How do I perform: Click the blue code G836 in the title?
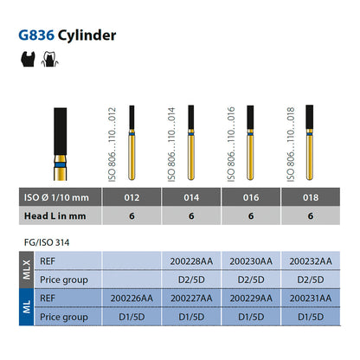36,35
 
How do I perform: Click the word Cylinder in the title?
87,36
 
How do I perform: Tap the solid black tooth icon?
28,59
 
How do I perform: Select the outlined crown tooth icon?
50,59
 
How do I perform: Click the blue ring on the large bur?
61,164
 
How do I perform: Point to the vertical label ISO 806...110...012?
112,145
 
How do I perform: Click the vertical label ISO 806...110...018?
291,145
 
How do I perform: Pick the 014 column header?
191,197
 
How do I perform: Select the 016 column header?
251,197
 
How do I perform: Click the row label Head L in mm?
55,216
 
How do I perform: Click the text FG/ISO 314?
47,242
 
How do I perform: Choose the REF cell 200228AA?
191,261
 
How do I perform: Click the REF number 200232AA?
311,261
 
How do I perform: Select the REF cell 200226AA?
132,299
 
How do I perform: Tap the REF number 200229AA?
251,299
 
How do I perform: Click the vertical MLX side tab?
27,270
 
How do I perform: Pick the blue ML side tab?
27,307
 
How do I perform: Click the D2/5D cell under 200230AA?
251,280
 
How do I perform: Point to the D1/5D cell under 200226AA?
132,317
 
